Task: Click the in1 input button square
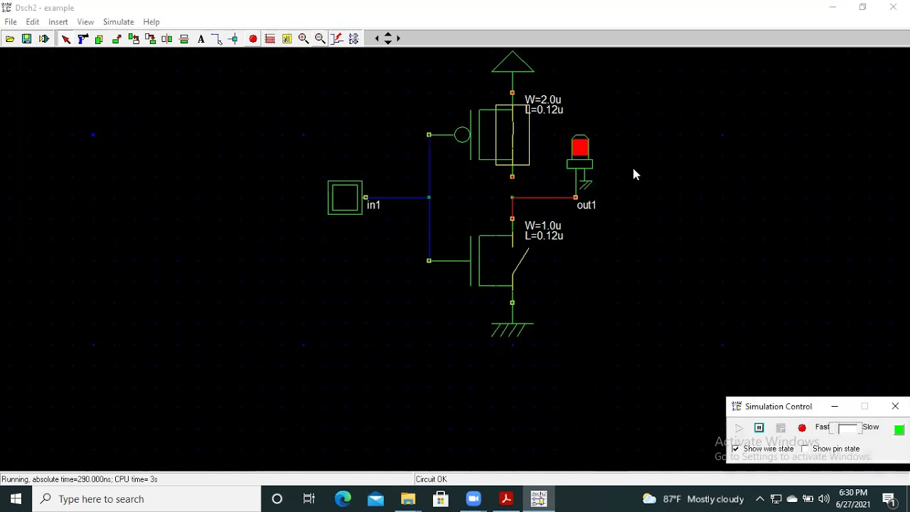tap(345, 198)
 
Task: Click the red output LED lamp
tap(580, 147)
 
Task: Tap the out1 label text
tap(587, 206)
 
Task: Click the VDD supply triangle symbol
tap(513, 63)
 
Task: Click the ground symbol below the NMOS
tap(512, 330)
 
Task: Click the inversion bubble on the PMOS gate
tap(462, 134)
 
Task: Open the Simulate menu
tap(118, 22)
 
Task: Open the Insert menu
tap(58, 22)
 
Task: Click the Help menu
tap(151, 22)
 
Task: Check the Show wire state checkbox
tap(736, 449)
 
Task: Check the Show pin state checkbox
tap(805, 449)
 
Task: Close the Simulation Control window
tap(895, 406)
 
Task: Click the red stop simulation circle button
tap(802, 428)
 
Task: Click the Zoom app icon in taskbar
tap(473, 499)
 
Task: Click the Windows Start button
tap(16, 499)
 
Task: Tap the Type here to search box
tap(149, 499)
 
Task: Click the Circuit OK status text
tap(432, 479)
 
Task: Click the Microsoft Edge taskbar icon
tap(343, 499)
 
